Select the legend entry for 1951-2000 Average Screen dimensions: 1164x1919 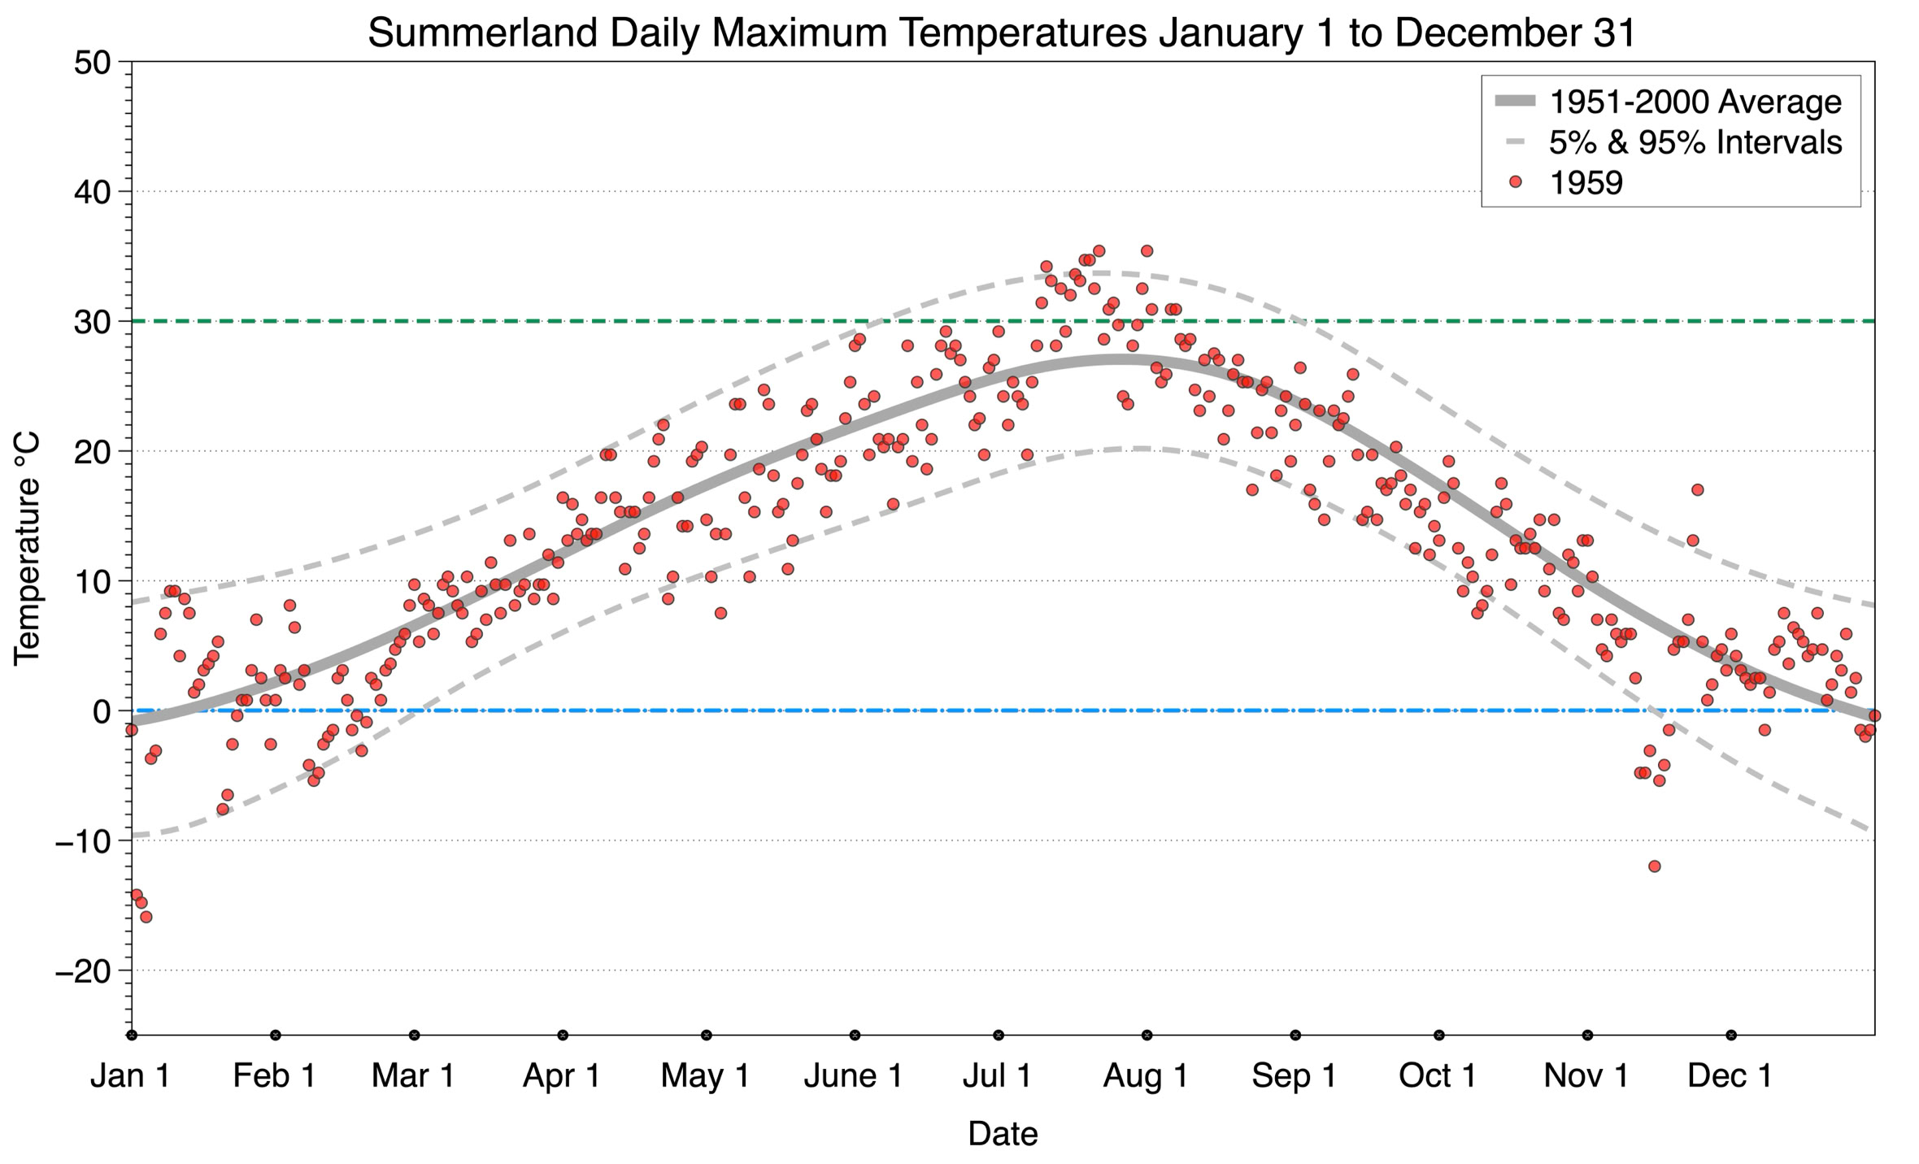point(1695,102)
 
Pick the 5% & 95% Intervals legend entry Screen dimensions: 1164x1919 point(1695,142)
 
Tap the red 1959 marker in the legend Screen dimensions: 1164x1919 point(1515,183)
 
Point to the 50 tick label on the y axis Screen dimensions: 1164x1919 point(92,63)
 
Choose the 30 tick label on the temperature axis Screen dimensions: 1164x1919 point(92,322)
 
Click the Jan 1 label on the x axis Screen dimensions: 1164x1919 point(130,1076)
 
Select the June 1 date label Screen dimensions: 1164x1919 point(853,1076)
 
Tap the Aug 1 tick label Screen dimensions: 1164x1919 point(1146,1076)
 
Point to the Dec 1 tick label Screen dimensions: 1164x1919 point(1730,1076)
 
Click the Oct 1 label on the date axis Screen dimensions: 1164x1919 point(1438,1076)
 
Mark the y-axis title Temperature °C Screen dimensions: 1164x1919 point(27,549)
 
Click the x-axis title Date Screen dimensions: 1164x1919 point(1003,1134)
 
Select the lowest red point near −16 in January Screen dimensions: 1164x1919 point(146,917)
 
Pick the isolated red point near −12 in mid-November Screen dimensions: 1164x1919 point(1654,866)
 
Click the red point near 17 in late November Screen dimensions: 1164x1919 point(1697,490)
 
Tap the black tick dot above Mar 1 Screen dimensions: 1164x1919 point(415,1035)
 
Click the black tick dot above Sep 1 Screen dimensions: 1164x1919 point(1295,1035)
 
